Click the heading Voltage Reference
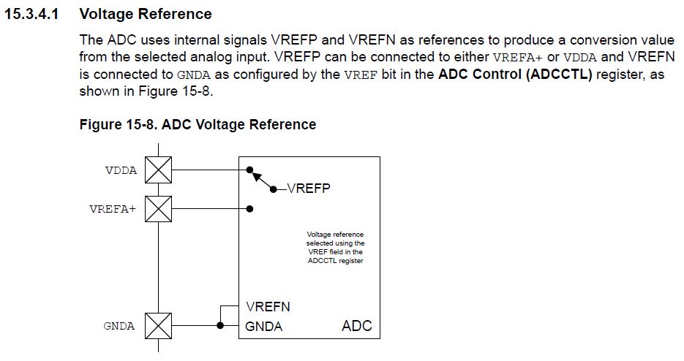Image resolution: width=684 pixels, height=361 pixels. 145,14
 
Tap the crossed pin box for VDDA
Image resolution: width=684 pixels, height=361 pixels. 158,170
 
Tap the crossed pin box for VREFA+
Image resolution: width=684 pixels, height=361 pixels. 158,208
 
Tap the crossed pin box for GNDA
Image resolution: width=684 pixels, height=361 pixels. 158,325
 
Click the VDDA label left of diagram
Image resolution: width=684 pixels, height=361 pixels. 120,170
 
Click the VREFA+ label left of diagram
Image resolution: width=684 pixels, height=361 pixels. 113,209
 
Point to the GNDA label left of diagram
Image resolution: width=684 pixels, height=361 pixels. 119,326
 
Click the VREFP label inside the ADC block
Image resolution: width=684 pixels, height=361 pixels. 309,188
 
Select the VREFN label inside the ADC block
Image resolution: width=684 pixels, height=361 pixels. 268,307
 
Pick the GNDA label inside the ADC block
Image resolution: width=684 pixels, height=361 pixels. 264,326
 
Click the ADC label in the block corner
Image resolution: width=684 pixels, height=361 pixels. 356,326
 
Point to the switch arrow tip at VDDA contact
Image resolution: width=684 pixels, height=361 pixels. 250,171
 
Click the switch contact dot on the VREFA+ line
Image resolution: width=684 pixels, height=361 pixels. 250,208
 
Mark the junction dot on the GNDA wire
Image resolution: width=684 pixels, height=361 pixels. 219,325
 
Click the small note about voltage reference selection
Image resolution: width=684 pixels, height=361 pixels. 335,247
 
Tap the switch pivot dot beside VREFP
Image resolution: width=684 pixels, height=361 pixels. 274,189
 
